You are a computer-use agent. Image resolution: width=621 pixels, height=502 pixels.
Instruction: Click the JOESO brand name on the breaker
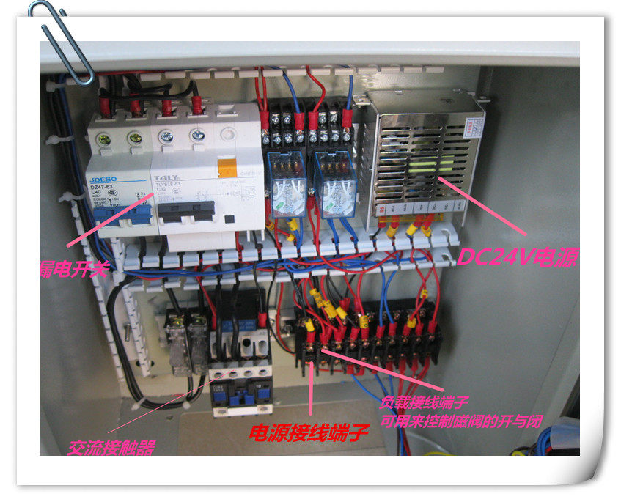[x=103, y=177]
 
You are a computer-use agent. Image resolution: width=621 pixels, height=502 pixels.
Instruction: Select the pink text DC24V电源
[x=518, y=257]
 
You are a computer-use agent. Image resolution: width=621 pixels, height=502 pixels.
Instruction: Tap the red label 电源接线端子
[x=308, y=433]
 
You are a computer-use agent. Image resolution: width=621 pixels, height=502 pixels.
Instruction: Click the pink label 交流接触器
[x=111, y=446]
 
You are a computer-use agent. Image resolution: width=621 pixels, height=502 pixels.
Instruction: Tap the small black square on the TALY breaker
[x=229, y=219]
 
